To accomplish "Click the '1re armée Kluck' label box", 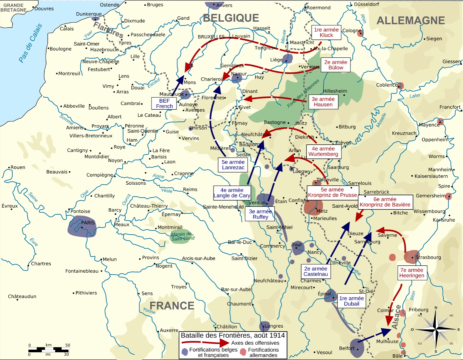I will tap(326, 32).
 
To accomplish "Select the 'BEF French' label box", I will tap(164, 103).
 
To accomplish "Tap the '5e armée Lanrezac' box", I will tap(233, 165).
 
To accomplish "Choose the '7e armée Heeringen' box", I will tap(412, 273).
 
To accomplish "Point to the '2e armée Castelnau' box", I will tap(315, 271).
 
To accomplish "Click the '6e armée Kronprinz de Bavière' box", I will tap(385, 202).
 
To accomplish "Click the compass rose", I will tap(436, 329).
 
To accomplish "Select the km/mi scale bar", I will tap(49, 350).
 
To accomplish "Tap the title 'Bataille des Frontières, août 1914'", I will tap(232, 335).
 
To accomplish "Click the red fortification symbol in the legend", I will tap(243, 352).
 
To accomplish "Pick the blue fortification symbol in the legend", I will tap(185, 352).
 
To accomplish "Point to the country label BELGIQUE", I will tap(231, 18).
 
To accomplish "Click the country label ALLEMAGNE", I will tap(410, 21).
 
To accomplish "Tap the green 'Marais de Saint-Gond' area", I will tap(182, 236).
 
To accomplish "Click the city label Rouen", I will tap(18, 167).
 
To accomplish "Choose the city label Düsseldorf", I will tap(366, 4).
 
